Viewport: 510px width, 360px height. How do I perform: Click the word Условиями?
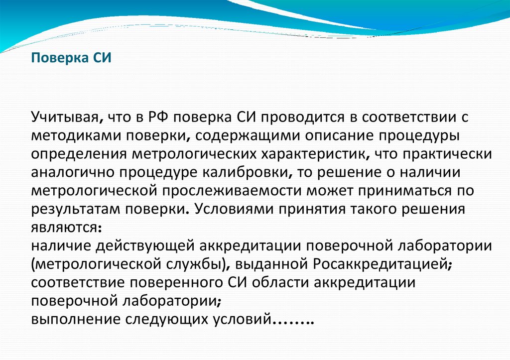coord(235,208)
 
